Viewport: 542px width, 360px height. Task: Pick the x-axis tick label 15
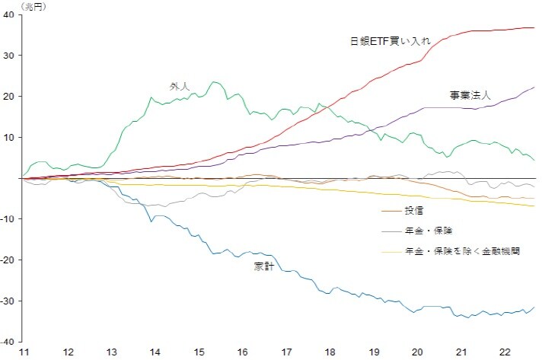[198, 352]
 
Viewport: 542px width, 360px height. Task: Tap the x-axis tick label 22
[504, 352]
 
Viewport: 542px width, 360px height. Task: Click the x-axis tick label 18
[329, 352]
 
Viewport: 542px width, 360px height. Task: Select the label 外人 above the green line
[180, 86]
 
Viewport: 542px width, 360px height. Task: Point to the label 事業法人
[470, 95]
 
